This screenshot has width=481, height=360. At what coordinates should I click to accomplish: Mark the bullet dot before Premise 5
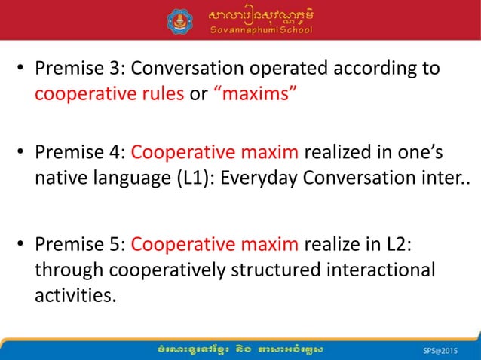click(23, 246)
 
